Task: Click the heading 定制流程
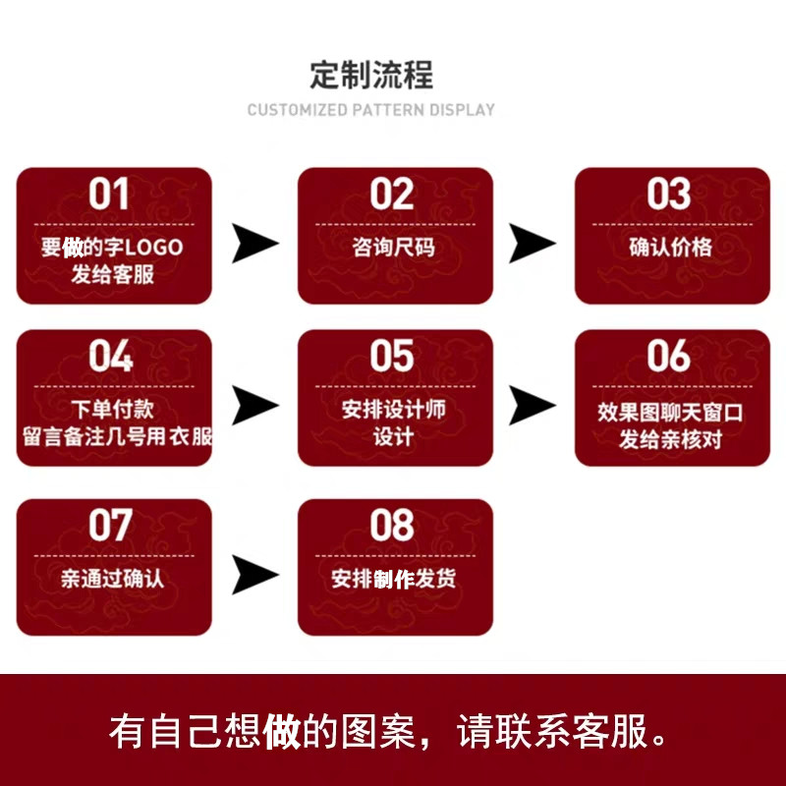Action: click(x=371, y=75)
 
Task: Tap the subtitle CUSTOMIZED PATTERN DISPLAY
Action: click(x=371, y=110)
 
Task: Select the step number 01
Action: click(x=109, y=195)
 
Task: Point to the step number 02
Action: click(x=392, y=195)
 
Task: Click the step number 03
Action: click(x=669, y=195)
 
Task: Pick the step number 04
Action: click(x=110, y=358)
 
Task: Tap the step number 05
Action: click(x=392, y=358)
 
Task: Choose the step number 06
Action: click(x=669, y=358)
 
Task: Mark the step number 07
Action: click(x=110, y=527)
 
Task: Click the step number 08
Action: click(x=392, y=527)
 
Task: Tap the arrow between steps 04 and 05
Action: click(x=254, y=405)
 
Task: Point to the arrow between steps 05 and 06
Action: click(x=532, y=405)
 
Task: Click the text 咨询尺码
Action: click(x=393, y=247)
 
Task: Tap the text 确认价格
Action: click(x=670, y=247)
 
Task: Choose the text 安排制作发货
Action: click(x=393, y=579)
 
